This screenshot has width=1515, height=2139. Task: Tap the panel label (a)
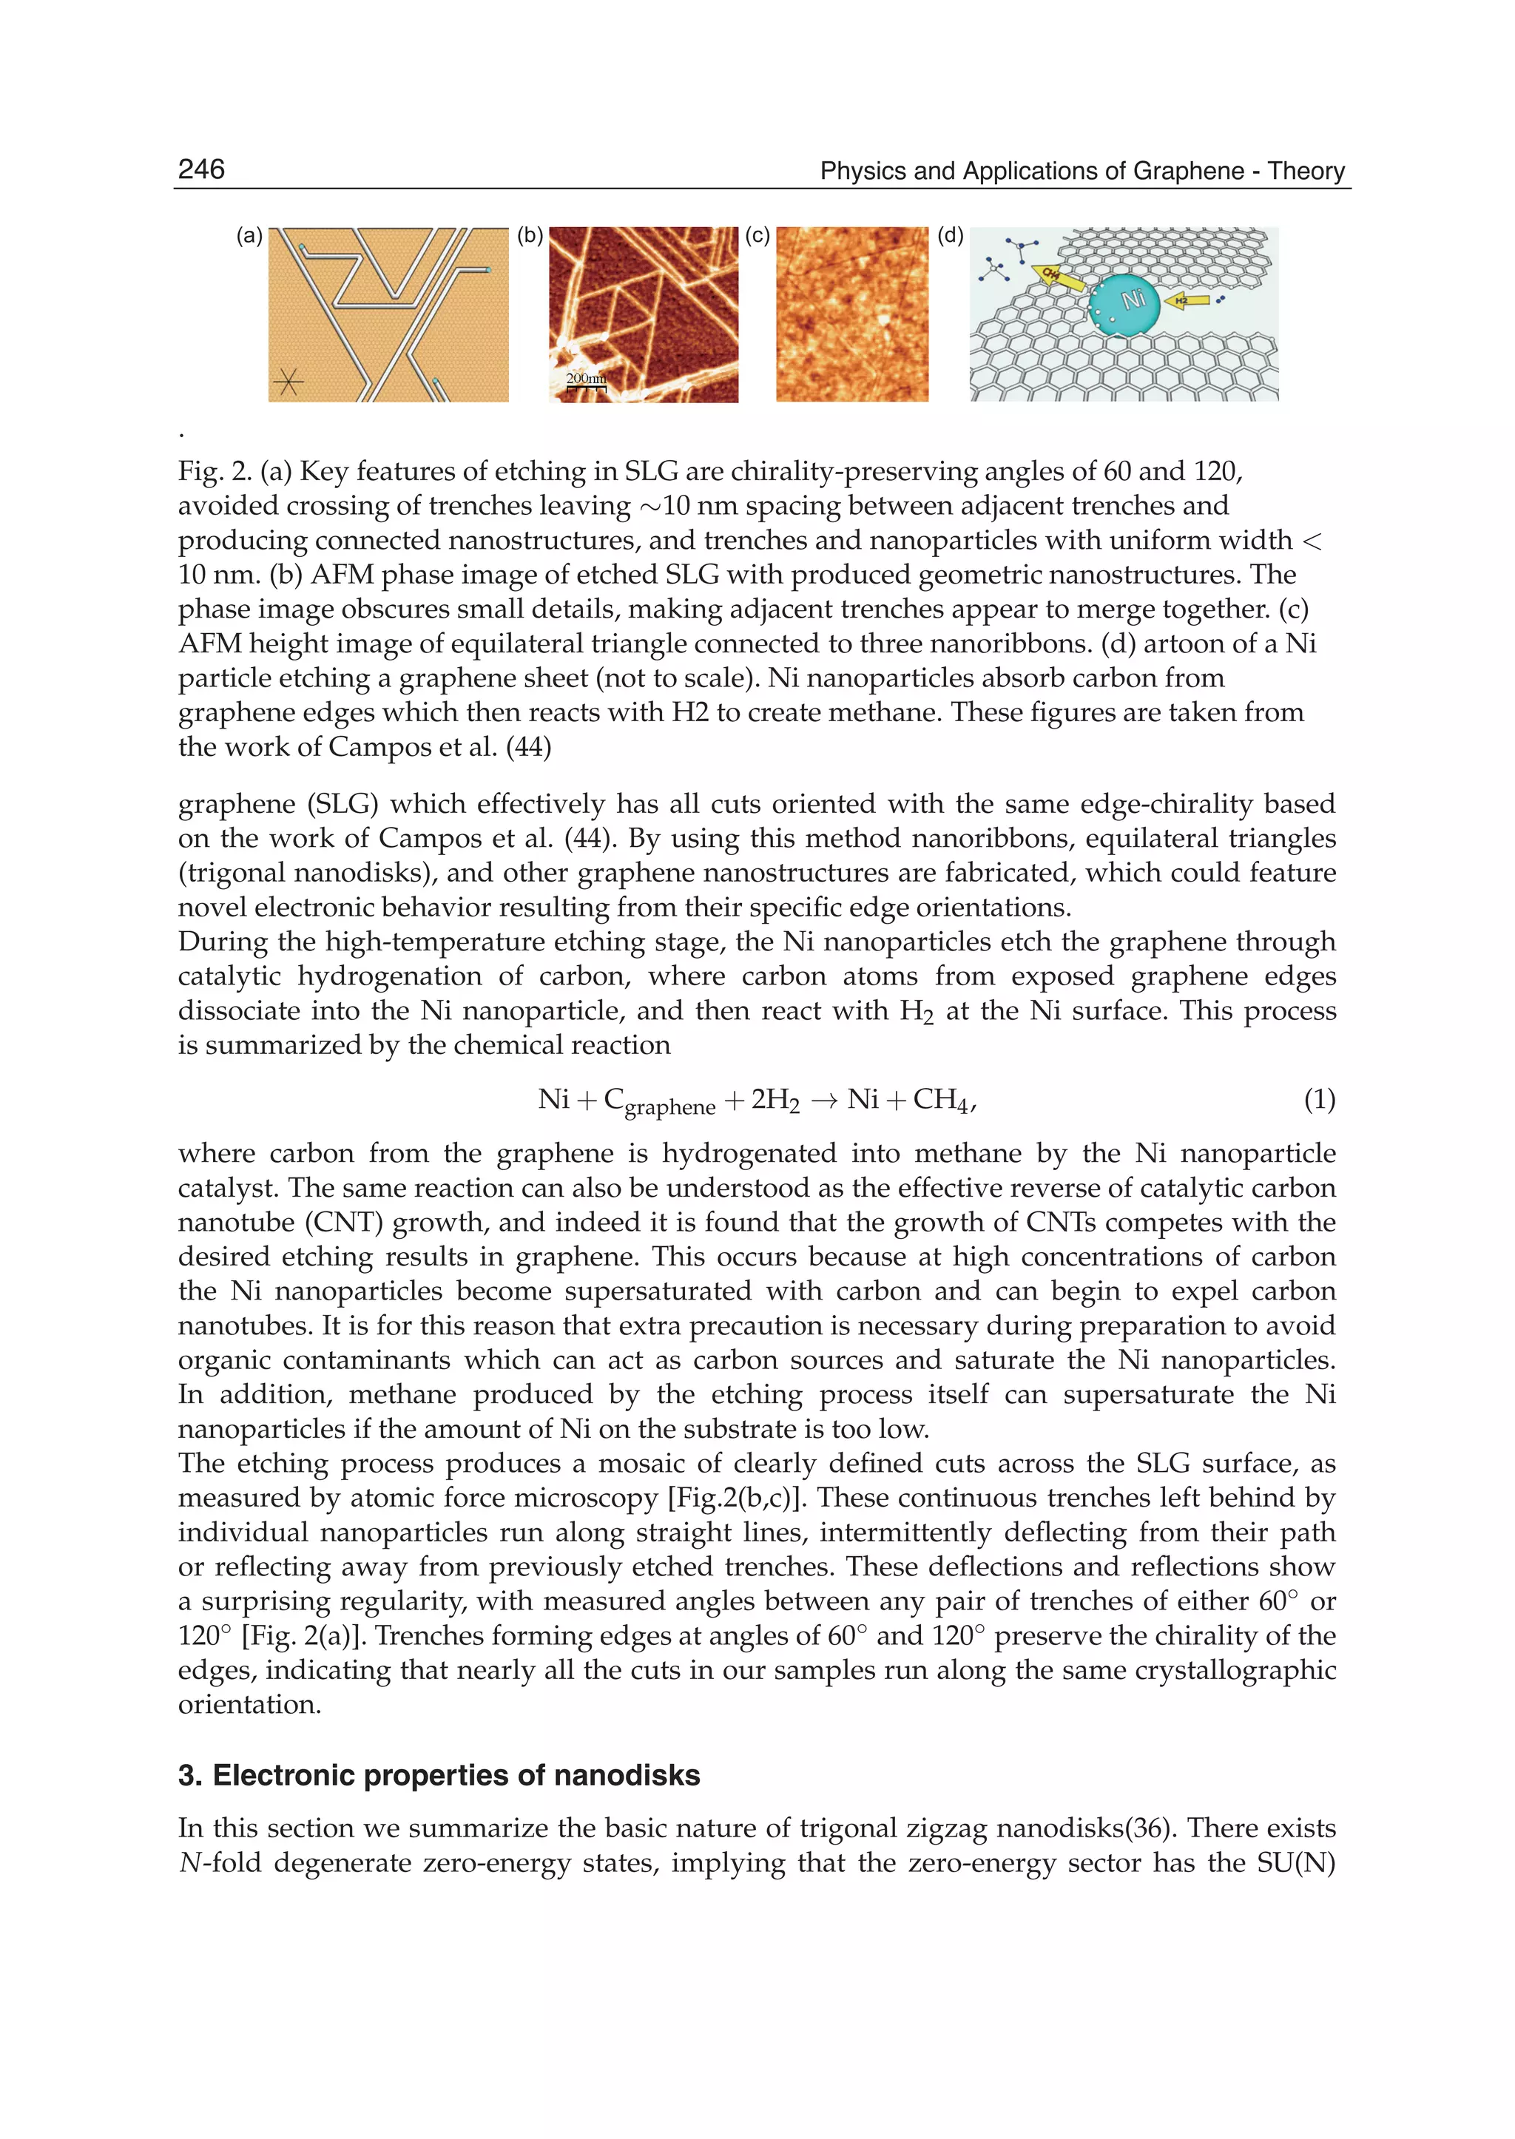[x=249, y=236]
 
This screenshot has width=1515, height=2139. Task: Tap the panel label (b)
[x=530, y=236]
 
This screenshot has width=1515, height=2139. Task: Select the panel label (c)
[x=757, y=236]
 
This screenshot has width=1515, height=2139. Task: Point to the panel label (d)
[x=950, y=236]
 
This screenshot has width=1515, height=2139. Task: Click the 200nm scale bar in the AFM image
[x=586, y=381]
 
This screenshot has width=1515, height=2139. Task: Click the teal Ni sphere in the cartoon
[x=1125, y=303]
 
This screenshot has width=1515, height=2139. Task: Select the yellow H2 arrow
[x=1187, y=300]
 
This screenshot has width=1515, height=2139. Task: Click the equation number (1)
[x=1319, y=1100]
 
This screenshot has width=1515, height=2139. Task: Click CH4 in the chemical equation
[x=941, y=1100]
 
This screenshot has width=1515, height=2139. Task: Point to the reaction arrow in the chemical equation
[x=824, y=1101]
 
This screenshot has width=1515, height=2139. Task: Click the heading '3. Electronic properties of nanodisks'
[x=439, y=1774]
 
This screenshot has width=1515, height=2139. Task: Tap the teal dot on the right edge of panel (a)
[x=488, y=269]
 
